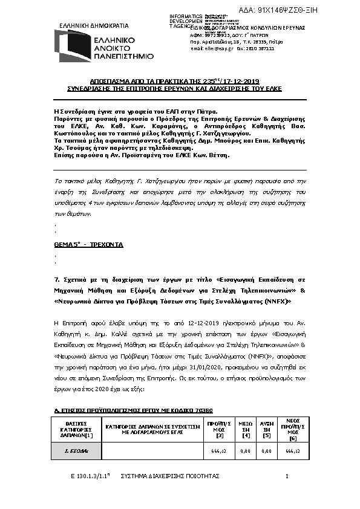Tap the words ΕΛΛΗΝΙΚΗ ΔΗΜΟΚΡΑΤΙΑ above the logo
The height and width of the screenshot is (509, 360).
point(94,26)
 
